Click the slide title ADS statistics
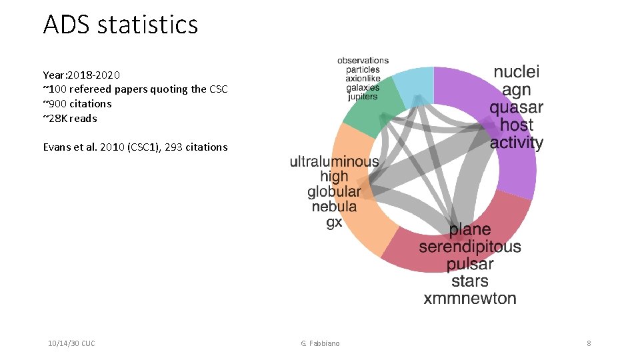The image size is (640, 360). pos(121,25)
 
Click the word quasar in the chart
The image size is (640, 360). pos(516,107)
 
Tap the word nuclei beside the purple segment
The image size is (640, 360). pos(517,72)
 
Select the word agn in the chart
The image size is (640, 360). pos(517,90)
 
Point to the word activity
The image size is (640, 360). pos(517,143)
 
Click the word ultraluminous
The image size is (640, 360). pos(334,161)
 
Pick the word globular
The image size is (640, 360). pos(334,192)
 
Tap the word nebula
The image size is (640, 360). pos(334,207)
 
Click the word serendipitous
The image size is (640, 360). pos(470,247)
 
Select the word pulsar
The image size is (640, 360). pos(470,264)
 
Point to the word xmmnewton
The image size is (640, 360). pos(470,298)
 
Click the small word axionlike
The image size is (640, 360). pos(363,79)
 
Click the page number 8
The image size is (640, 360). pos(589,343)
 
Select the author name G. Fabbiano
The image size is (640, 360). pos(320,343)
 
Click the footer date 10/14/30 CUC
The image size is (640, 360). pos(71,343)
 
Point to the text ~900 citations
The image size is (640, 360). pos(77,103)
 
